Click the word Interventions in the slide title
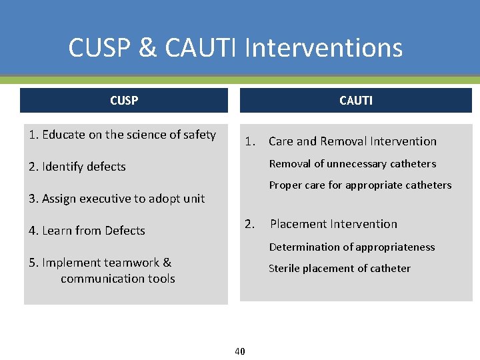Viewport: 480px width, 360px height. click(324, 48)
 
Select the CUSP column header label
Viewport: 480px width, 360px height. click(124, 101)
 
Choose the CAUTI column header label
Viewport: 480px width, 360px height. click(356, 101)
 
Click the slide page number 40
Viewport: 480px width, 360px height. click(240, 351)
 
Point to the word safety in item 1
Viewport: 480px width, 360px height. click(199, 135)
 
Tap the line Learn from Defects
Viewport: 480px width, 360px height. click(87, 231)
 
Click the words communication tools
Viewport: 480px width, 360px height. click(118, 279)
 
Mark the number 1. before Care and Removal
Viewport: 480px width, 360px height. click(250, 141)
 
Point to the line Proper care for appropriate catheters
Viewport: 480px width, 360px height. click(360, 185)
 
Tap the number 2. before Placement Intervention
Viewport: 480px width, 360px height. click(249, 224)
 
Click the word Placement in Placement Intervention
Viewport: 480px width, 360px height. click(297, 224)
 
